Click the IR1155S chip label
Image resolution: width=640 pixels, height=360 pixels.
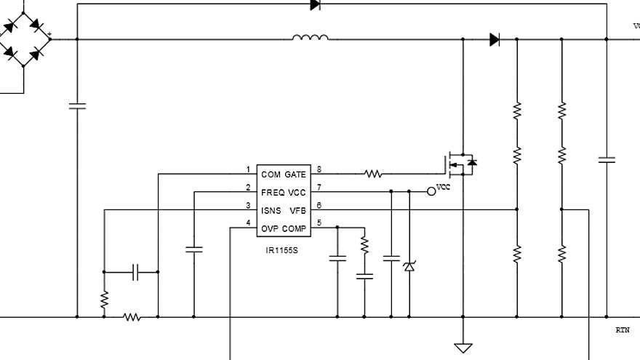click(282, 249)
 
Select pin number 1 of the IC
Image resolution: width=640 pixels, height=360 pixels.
click(247, 169)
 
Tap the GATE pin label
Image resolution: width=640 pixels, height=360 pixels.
click(295, 175)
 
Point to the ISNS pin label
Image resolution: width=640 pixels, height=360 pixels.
click(271, 211)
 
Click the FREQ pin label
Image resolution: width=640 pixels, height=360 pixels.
click(273, 193)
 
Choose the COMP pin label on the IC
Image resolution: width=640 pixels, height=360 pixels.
click(295, 229)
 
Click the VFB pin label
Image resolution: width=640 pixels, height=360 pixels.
click(297, 211)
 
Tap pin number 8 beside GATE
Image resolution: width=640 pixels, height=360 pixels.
click(319, 169)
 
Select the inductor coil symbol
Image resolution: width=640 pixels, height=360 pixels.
click(311, 37)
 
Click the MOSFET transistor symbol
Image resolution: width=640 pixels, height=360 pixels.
click(460, 164)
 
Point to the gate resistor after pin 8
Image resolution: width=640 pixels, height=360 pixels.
click(372, 175)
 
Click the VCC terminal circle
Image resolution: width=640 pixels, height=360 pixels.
click(431, 191)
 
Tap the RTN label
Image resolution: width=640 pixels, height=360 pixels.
click(623, 330)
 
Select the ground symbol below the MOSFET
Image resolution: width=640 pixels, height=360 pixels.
click(463, 348)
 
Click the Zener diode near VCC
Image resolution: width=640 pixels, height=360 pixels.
click(409, 267)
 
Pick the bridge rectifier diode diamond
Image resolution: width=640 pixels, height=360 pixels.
click(23, 39)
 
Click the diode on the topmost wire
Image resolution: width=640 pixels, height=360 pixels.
click(315, 4)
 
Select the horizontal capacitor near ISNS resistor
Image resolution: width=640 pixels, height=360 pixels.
click(136, 273)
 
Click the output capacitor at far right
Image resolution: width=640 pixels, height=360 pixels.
click(606, 159)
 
